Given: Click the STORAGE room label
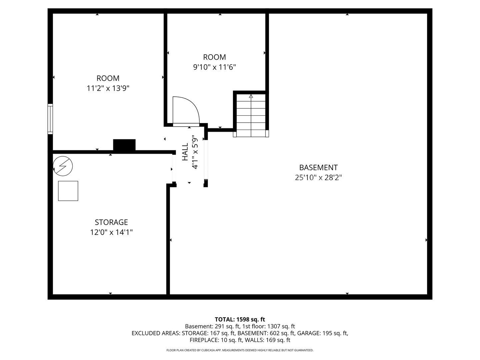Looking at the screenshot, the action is (x=111, y=222).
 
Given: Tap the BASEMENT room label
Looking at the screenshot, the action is (x=318, y=167).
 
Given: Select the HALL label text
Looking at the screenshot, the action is (x=185, y=152).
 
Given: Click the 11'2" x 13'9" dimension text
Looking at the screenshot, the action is (x=108, y=88).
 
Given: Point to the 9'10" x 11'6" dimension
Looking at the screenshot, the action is (x=214, y=67).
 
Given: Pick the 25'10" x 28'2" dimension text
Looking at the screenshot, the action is (x=318, y=177).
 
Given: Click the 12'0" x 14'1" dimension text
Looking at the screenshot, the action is (x=111, y=232).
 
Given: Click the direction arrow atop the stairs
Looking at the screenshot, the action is (x=251, y=96).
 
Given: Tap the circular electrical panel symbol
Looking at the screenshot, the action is (x=63, y=166).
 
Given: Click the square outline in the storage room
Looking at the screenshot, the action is (x=68, y=191).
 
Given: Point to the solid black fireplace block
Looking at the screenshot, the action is (x=124, y=145).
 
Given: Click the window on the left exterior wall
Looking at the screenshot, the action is (x=50, y=119).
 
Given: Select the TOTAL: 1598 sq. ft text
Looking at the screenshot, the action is (x=240, y=319).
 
